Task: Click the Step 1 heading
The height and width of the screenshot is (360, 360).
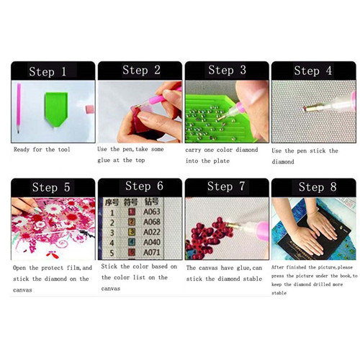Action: pos(48,71)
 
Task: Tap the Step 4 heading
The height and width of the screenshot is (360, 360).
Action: pos(313,71)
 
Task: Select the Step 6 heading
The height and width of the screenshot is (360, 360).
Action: pos(144,186)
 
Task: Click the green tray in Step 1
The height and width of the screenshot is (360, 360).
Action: pos(56,109)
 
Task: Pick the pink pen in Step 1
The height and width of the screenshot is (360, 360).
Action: pos(19,108)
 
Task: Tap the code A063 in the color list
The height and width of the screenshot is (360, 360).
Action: pos(152,212)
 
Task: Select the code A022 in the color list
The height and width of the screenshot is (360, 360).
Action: pos(152,232)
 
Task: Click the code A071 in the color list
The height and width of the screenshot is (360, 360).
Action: pos(152,253)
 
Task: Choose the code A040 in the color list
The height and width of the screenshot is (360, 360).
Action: pos(152,242)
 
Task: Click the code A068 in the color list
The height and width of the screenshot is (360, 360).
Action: pos(152,222)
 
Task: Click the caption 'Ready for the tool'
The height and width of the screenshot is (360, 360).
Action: pos(42,150)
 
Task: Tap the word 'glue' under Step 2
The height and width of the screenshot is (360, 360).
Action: pos(104,161)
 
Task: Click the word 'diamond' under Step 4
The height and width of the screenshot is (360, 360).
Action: pos(283,162)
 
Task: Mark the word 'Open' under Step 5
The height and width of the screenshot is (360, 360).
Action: pos(19,268)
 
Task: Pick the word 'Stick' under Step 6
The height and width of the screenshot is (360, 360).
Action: pos(109,266)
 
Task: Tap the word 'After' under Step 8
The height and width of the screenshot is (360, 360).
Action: pos(277,267)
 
